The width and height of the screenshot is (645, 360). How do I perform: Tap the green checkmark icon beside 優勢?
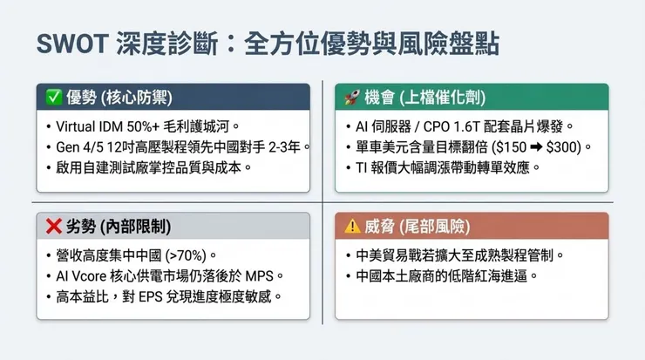51,96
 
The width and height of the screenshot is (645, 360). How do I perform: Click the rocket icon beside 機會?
352,96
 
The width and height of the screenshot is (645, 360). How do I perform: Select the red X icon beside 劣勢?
52,226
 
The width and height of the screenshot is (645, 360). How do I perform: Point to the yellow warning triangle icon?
353,226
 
